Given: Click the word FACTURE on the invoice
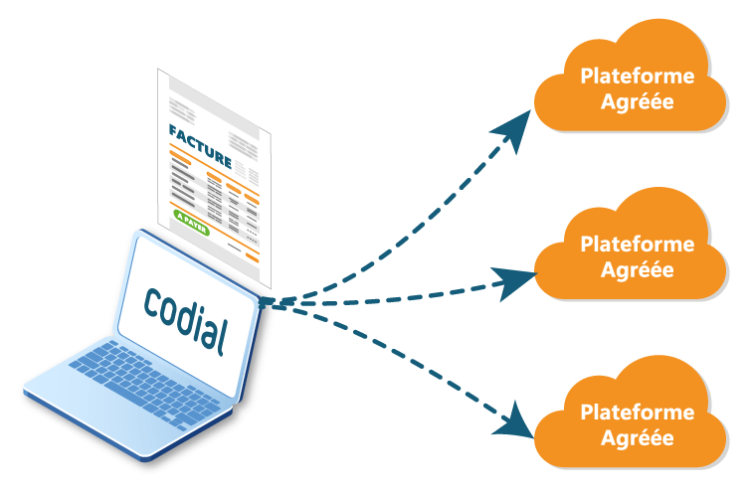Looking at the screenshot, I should coord(199,134).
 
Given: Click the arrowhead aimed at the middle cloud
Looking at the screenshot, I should coord(516,284).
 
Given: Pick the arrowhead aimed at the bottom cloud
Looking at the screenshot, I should coord(514,422).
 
